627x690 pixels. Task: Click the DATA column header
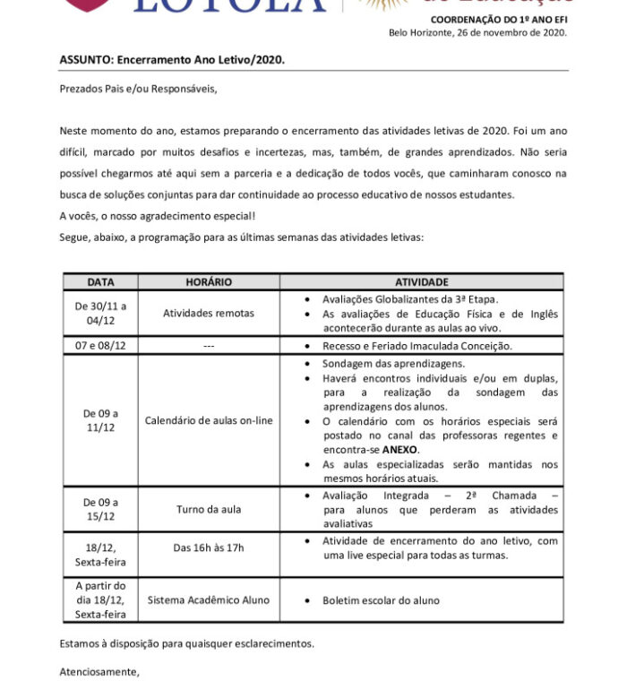pos(100,282)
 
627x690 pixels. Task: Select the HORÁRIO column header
pos(209,282)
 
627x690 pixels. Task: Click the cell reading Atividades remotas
pos(209,314)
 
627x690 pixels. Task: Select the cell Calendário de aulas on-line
pos(209,420)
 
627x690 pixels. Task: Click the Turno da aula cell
pos(209,510)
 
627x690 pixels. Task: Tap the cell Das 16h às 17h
pos(209,548)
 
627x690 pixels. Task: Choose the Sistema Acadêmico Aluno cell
pos(209,600)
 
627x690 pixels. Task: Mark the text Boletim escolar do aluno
pos(381,600)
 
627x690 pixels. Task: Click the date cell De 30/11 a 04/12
pos(100,313)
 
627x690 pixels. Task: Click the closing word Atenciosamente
pos(99,671)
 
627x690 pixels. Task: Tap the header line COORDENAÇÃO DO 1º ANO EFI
pos(498,19)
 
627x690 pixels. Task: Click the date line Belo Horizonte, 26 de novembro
pos(477,32)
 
